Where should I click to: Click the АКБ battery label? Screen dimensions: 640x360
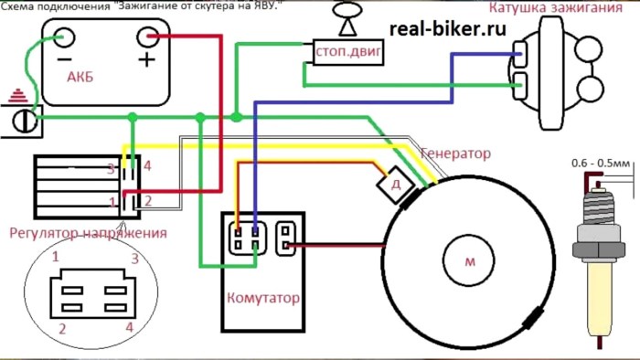(x=80, y=77)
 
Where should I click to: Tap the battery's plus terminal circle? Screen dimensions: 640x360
(x=147, y=37)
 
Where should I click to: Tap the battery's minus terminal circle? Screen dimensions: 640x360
(x=64, y=37)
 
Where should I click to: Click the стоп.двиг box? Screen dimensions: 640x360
(x=348, y=52)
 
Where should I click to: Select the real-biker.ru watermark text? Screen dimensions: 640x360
(x=448, y=29)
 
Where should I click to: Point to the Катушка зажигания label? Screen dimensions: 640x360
(x=556, y=7)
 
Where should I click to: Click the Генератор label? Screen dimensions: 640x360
(x=455, y=154)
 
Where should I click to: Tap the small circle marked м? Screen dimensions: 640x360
(x=469, y=259)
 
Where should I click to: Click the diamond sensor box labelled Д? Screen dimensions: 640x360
(x=396, y=185)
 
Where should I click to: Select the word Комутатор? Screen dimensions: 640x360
(x=263, y=298)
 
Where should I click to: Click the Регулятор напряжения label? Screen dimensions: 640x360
(x=88, y=233)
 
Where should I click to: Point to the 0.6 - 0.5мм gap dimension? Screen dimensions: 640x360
(x=601, y=164)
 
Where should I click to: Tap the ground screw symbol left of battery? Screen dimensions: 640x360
(x=25, y=121)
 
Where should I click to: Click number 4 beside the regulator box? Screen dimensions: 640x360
(x=147, y=166)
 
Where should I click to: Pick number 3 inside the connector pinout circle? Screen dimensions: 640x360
(x=134, y=259)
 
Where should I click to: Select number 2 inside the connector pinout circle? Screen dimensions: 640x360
(x=62, y=329)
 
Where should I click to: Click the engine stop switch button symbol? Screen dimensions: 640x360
(x=347, y=18)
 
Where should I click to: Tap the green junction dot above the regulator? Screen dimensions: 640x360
(x=133, y=118)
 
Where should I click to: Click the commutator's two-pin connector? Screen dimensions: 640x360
(x=285, y=238)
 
